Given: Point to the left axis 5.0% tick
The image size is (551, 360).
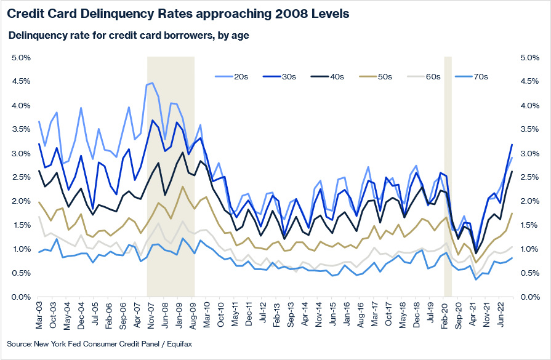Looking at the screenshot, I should point(22,58).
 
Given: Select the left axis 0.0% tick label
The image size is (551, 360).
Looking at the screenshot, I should point(22,297).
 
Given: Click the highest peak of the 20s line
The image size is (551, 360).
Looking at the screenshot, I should point(152,83).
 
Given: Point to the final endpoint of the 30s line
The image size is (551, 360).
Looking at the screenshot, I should point(512,145).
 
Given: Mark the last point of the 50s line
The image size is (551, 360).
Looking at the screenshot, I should point(512,214).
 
